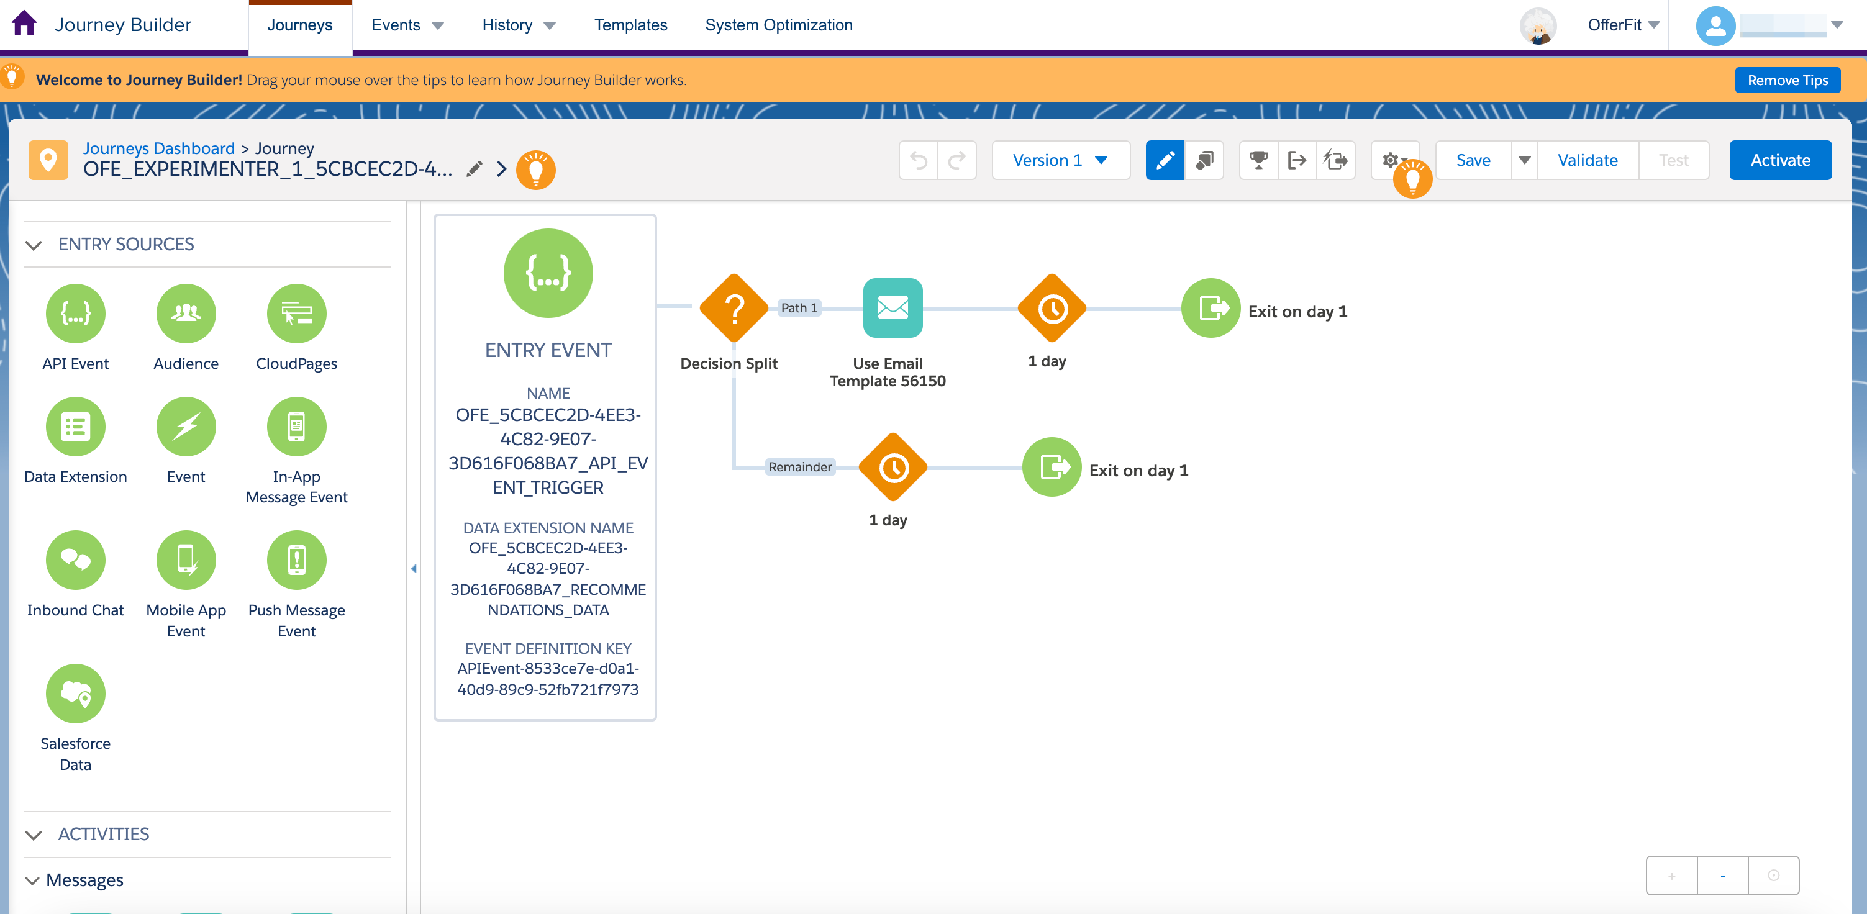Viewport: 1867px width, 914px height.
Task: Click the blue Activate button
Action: coord(1780,160)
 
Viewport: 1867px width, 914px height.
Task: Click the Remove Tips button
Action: coord(1788,79)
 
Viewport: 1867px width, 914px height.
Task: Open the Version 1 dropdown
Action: coord(1060,160)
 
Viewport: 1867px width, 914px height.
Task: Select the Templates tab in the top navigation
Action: coord(630,25)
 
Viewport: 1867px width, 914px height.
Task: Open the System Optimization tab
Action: coord(778,25)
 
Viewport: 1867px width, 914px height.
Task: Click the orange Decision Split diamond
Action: coord(734,308)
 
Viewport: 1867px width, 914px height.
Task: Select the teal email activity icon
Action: coord(892,308)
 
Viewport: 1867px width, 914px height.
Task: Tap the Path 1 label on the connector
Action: coord(799,308)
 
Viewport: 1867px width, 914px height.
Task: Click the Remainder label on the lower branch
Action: coord(800,467)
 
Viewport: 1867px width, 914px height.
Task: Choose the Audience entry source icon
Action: coord(186,313)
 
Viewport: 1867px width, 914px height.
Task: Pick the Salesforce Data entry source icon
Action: coord(75,694)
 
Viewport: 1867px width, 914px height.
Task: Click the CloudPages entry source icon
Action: coord(296,313)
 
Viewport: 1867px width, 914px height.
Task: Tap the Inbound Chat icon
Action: coord(75,559)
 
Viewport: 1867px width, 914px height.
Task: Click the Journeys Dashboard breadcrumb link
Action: coord(159,148)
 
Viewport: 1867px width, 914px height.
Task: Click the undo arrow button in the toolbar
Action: coord(918,160)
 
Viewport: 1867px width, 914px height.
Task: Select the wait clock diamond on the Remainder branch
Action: coord(893,468)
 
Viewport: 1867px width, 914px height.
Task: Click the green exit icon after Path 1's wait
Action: coord(1211,308)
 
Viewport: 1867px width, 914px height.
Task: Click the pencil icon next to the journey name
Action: coord(474,170)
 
